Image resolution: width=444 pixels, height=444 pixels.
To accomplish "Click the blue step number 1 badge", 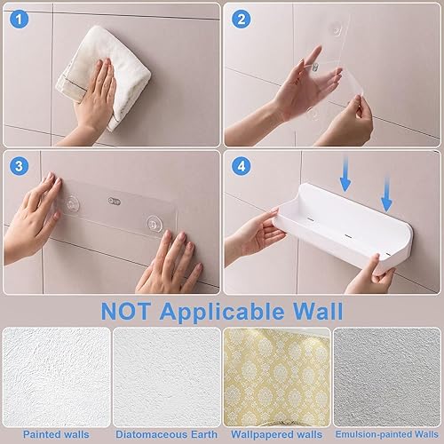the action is pos(19,20).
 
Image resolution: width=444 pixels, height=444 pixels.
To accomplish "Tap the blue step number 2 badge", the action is pos(242,20).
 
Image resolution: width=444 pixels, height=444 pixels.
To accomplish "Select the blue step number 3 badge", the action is pos(19,166).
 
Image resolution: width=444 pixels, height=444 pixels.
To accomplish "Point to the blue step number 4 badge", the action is pos(242,166).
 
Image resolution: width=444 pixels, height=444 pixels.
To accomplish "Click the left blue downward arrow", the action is pos(345,174).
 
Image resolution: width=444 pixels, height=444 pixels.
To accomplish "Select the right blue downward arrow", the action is pos(386,194).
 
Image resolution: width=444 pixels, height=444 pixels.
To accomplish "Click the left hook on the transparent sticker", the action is pos(71,204).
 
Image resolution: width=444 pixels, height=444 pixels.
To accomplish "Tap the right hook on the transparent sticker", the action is pos(154,224).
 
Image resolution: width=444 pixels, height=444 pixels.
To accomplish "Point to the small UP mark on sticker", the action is pos(115,202).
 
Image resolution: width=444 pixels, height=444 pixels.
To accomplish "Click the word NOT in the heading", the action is pos(125,311).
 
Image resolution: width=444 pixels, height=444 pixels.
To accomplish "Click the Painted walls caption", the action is pos(56,434).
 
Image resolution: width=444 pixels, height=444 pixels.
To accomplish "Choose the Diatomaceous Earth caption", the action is pos(166,434).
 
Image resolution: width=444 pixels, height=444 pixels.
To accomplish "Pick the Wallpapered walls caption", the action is pos(276,434).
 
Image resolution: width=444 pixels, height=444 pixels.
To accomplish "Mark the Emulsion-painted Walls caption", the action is pos(386,434).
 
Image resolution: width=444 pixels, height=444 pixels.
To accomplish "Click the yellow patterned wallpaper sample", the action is pos(277,377).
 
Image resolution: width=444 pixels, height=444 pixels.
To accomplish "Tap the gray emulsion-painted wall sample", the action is pos(387,377).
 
